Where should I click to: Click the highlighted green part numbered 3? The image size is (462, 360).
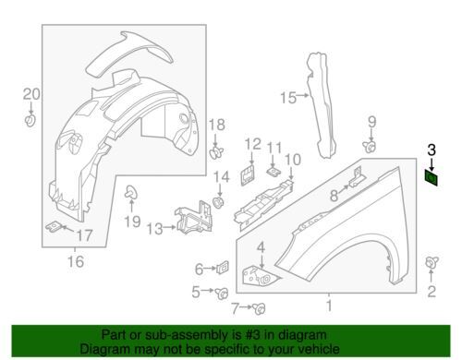pos(432,178)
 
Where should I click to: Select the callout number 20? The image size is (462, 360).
pos(31,94)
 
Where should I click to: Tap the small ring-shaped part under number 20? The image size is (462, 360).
pos(30,120)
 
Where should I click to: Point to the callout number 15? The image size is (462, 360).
pos(288,98)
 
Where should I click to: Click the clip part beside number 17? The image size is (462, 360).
pos(53,227)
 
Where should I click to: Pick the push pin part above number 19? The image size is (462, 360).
pos(131,192)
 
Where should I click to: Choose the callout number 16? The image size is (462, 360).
pos(76,261)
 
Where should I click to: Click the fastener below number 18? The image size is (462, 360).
pos(216,152)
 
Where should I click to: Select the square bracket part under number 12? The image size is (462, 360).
pos(248,175)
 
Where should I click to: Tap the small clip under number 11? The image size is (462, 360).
pos(274,172)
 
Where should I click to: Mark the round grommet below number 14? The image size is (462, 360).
pos(219,202)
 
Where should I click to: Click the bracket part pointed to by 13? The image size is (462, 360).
pos(194,218)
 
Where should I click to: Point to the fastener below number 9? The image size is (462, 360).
pos(369,147)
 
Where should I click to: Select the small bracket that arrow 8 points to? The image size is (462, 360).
pos(356,177)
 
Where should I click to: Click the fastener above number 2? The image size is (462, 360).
pos(432,262)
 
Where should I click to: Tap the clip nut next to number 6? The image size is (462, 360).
pos(223,267)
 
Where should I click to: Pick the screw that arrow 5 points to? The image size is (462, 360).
pos(222,294)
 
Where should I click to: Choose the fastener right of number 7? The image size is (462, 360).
pos(259,308)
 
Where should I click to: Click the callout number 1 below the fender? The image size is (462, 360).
pos(329,306)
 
